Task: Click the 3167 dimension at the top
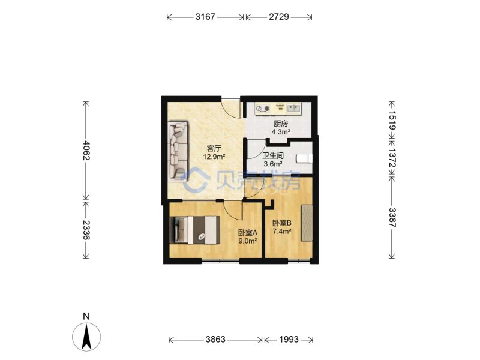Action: coord(205,17)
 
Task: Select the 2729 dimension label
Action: coord(279,17)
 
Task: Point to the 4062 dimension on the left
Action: coord(86,151)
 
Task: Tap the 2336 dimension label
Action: coord(86,230)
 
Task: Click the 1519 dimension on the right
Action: coord(392,121)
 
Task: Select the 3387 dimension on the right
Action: coord(392,218)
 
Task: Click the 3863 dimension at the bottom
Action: coord(215,339)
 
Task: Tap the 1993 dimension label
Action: coord(289,339)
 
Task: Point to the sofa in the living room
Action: coord(178,150)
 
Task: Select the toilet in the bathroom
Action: coord(304,158)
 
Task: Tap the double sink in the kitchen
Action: coord(294,108)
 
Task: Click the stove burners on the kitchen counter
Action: coord(263,109)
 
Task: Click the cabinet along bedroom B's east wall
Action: coord(307,223)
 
